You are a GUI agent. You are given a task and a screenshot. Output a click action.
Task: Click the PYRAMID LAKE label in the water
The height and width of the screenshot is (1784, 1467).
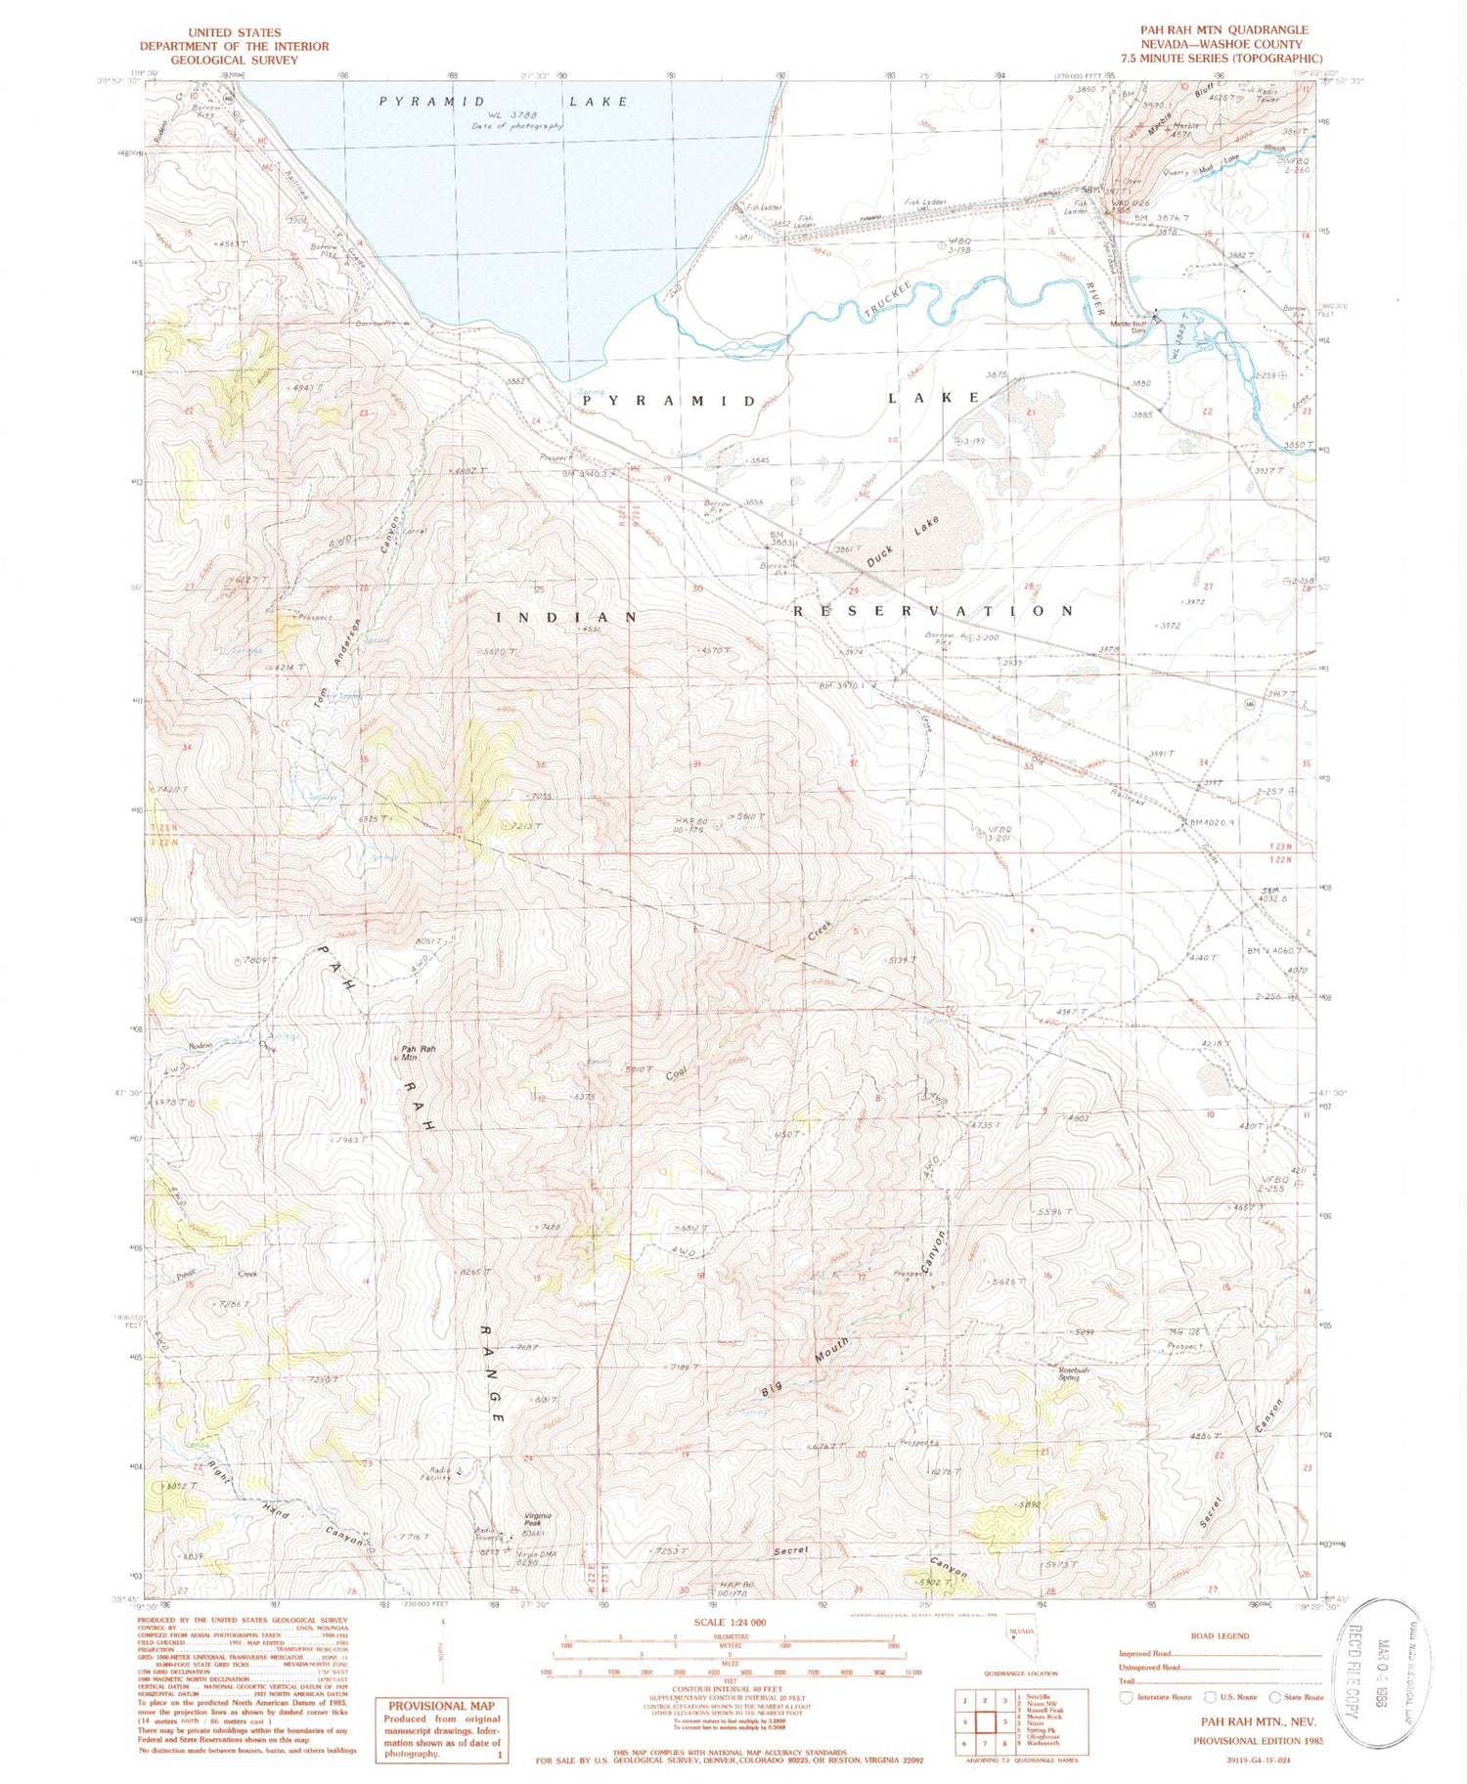503,102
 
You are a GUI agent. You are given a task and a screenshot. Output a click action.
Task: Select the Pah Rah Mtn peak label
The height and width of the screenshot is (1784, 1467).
419,1053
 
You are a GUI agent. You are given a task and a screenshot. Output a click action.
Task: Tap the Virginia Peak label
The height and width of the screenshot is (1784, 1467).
539,1519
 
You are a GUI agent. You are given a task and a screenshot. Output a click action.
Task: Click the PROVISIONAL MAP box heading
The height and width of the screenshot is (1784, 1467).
443,1706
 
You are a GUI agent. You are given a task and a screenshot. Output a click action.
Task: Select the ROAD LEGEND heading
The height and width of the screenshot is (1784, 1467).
1220,1635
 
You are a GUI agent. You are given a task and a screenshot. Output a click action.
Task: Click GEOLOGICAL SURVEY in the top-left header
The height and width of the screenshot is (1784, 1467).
234,60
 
